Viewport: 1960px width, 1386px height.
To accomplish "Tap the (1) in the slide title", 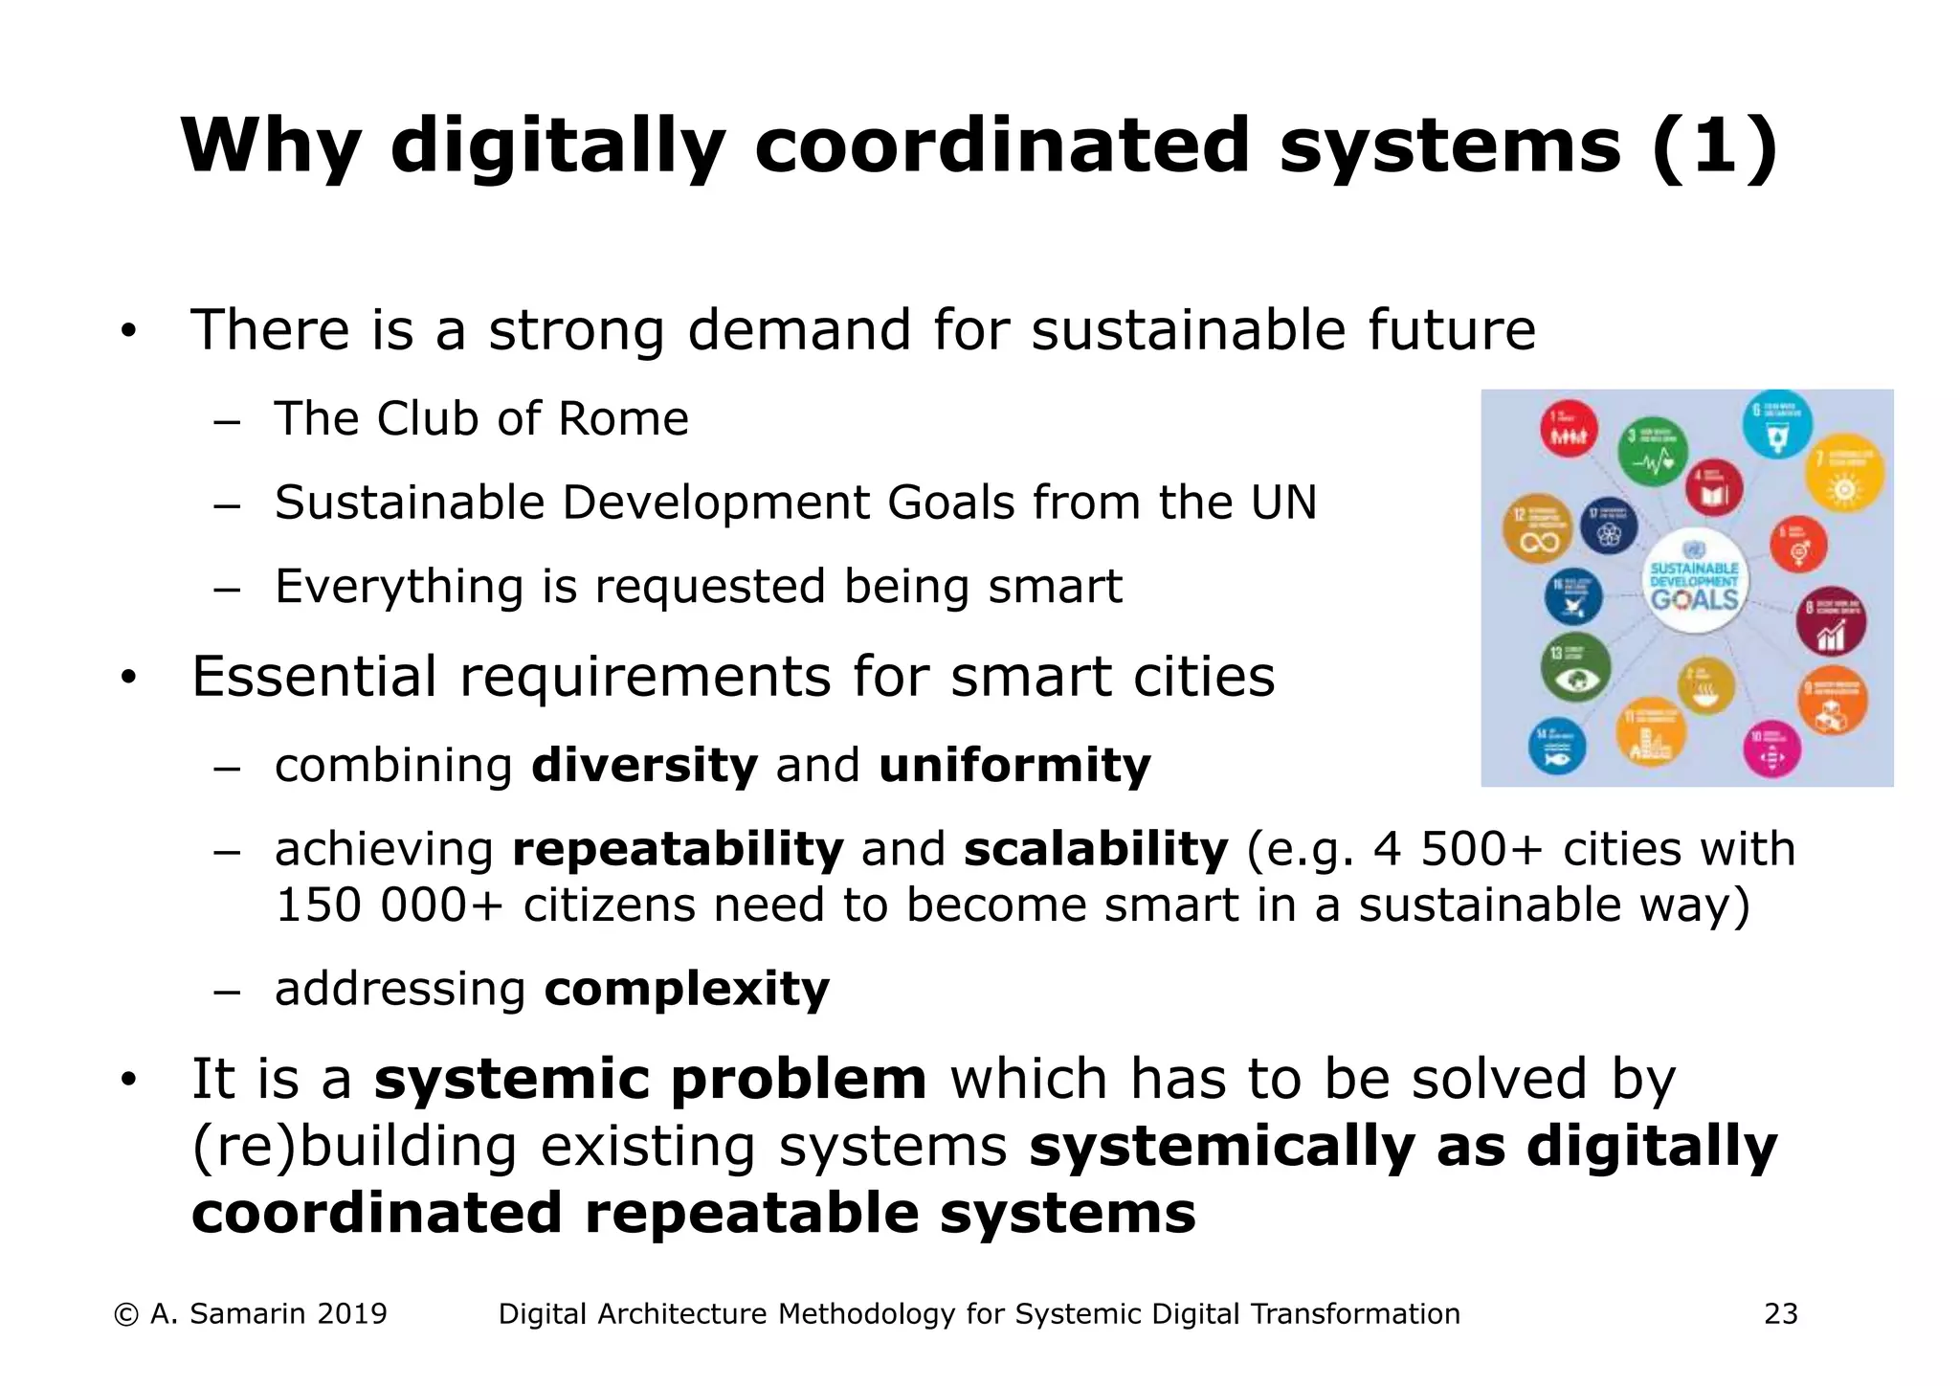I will tap(1712, 146).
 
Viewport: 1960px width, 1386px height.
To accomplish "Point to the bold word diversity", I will tap(644, 765).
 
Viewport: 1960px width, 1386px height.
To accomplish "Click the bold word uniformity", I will tap(1014, 767).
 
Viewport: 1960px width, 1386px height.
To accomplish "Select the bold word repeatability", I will tap(678, 849).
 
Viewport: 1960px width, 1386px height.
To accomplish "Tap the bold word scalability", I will tap(1095, 849).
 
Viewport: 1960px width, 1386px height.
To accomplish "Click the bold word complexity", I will tap(686, 989).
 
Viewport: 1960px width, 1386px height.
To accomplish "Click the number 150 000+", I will tap(389, 905).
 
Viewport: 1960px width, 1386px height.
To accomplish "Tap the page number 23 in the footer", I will tap(1780, 1314).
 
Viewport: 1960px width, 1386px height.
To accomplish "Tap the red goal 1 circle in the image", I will tap(1569, 428).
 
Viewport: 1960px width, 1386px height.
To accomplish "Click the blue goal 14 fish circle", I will tap(1556, 745).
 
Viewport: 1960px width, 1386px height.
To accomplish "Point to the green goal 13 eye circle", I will tap(1574, 666).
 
